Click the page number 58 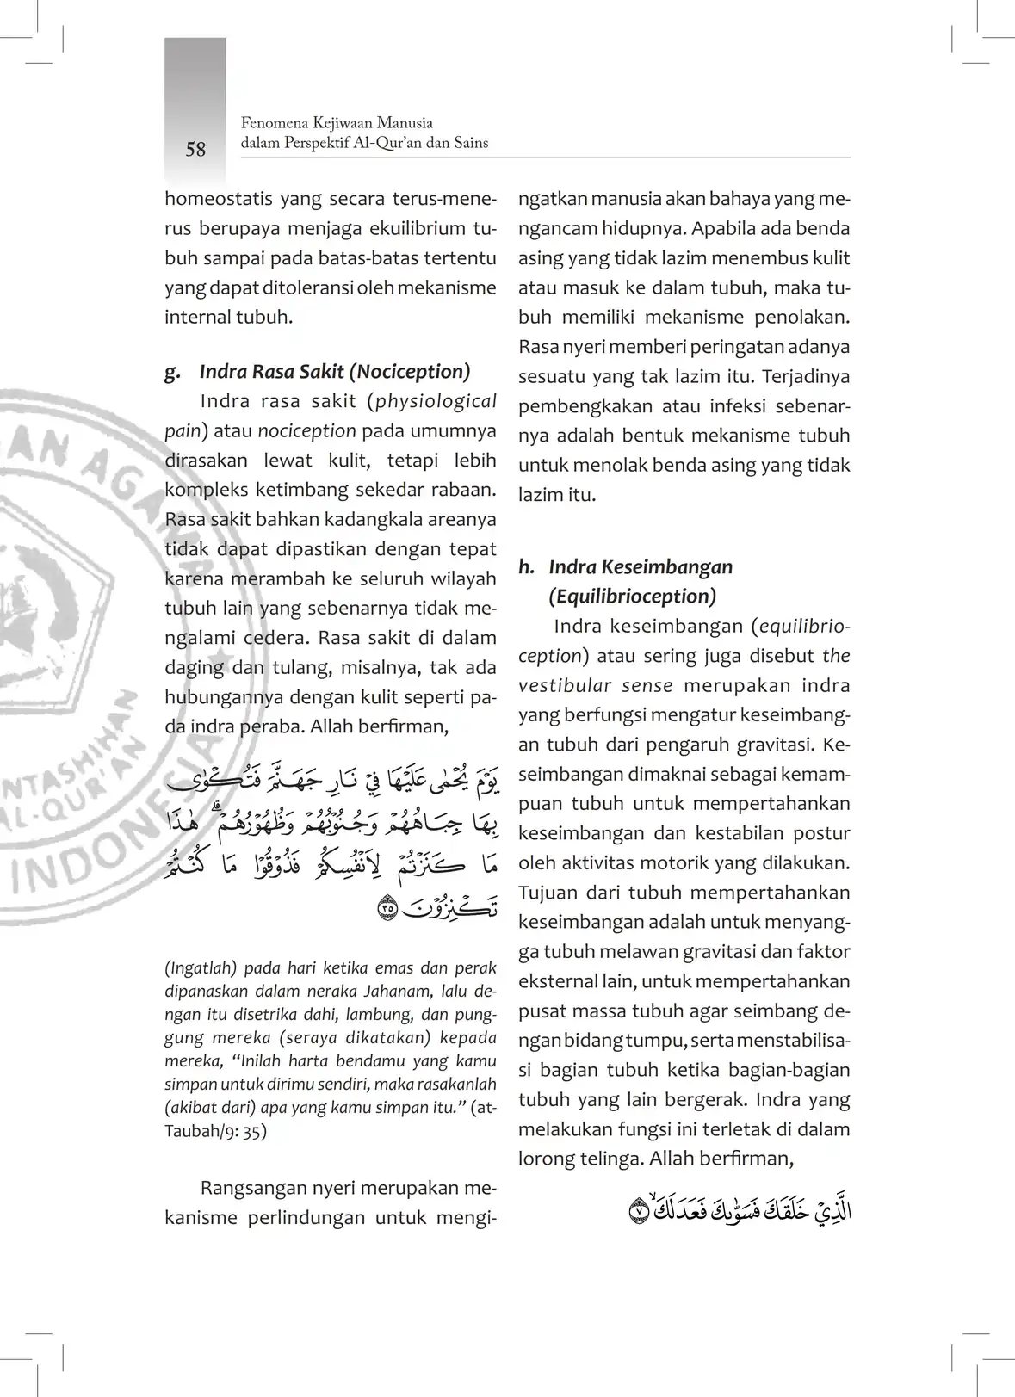(195, 150)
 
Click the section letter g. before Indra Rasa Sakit (172, 372)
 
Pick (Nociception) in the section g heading (410, 372)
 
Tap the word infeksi (736, 406)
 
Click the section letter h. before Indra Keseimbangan (526, 567)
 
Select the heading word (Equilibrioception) (632, 597)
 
